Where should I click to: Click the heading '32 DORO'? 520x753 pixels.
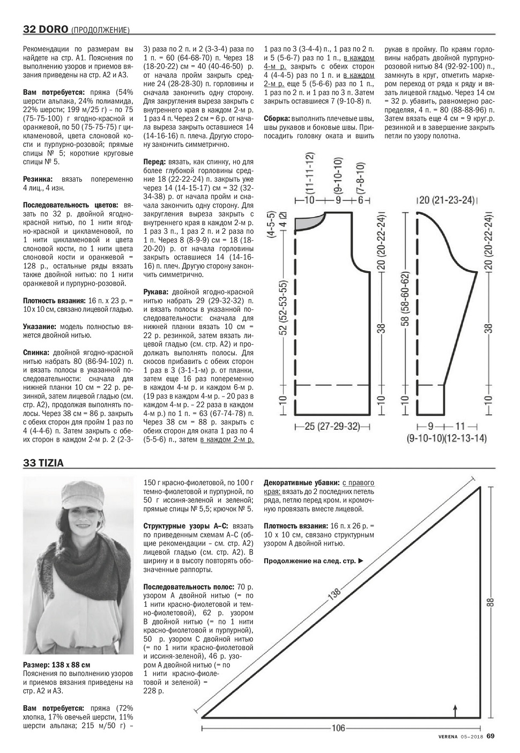[x=45, y=28]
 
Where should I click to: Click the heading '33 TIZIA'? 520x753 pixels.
[x=43, y=464]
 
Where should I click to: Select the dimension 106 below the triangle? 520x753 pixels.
[x=338, y=728]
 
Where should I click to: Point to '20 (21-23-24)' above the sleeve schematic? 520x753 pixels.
[x=447, y=200]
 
